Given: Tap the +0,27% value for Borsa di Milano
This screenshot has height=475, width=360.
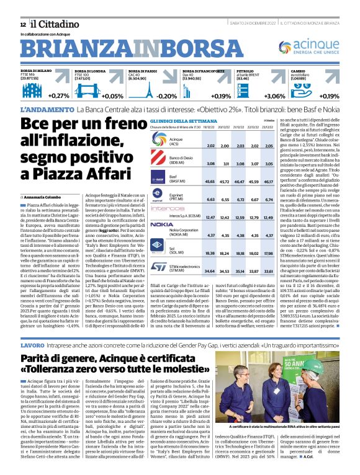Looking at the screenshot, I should pyautogui.click(x=59, y=96).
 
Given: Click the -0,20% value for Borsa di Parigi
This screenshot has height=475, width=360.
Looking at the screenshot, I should pyautogui.click(x=167, y=96).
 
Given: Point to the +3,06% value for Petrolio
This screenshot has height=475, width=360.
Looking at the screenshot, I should pyautogui.click(x=274, y=96).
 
